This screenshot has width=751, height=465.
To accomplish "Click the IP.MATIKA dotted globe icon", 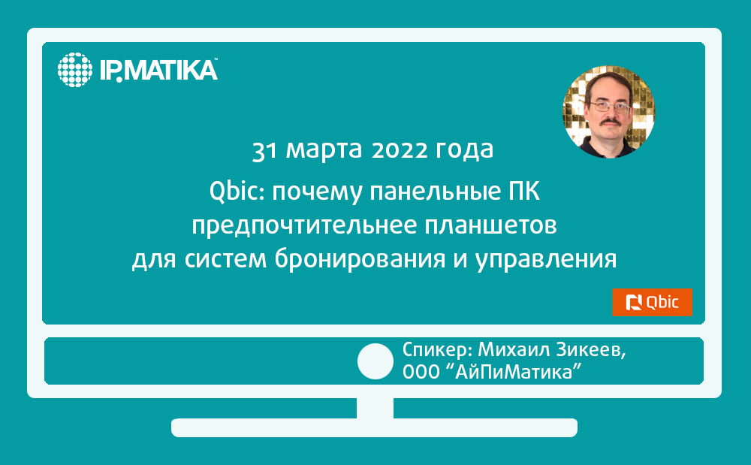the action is pos(74,70).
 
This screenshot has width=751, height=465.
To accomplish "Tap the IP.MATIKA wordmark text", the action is pos(158,70).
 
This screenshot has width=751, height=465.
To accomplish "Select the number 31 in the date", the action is pos(264,150).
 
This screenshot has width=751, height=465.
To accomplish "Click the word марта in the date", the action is pos(324,150).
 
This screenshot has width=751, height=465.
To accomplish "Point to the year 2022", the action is pos(399,150).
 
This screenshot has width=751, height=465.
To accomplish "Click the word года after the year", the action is pos(464,150).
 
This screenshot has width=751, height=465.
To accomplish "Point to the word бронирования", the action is pos(360,259).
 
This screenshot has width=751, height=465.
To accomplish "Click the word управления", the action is pos(546,259).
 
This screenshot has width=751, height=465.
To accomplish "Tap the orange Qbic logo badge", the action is pos(652,302).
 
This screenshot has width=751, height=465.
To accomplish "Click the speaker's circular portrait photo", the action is pos(608,112).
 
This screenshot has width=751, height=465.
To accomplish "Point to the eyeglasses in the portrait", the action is pos(609,107).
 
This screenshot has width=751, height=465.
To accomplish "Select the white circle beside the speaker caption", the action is pos(375,361).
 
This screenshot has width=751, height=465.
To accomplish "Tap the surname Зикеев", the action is pos(591,350).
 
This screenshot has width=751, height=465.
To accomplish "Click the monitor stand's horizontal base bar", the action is pos(375,427).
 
